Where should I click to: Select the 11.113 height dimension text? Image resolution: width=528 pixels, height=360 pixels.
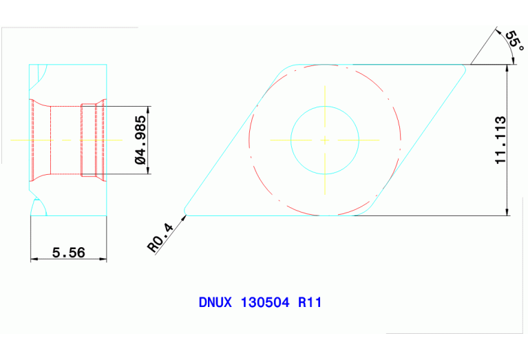point(500,140)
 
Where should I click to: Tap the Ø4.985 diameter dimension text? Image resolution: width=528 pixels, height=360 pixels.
point(140,140)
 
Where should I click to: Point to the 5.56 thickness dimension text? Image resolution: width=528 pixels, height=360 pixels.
point(68,253)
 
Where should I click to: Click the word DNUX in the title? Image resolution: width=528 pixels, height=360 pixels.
point(215,302)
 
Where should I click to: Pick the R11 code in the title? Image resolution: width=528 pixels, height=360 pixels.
point(310,302)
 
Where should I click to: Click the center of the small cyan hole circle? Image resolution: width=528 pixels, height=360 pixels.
point(325,140)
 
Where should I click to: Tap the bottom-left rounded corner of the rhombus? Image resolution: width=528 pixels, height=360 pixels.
point(185,210)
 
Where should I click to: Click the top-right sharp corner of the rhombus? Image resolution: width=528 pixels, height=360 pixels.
point(468,65)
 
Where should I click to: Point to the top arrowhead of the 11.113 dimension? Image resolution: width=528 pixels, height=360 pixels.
point(509,69)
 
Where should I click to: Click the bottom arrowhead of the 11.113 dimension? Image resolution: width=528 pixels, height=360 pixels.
point(509,211)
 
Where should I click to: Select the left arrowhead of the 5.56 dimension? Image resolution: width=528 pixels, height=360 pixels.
point(34,260)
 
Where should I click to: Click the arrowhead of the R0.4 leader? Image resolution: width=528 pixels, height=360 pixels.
point(184,217)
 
